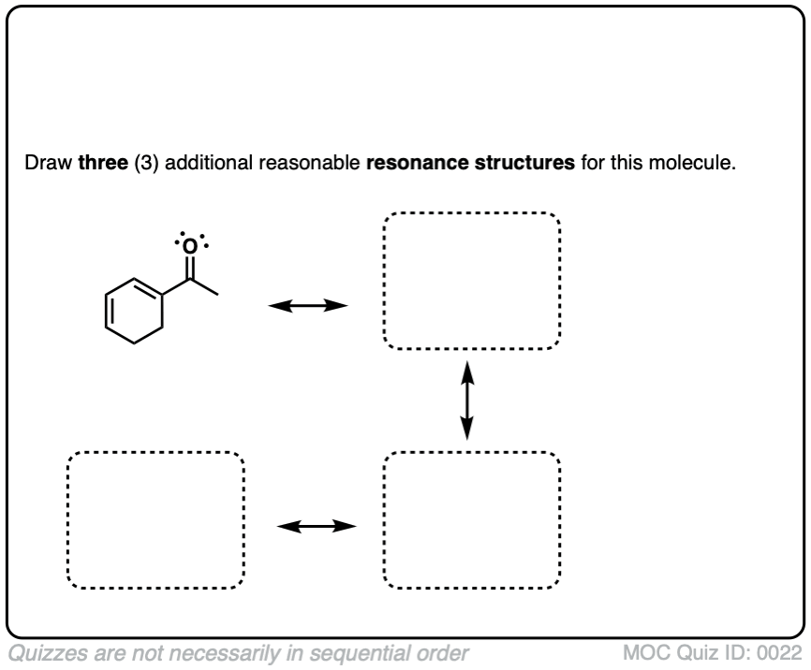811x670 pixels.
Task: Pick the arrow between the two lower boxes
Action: (317, 526)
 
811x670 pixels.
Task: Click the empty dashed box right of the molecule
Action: (472, 281)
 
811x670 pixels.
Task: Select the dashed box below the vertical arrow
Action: (472, 520)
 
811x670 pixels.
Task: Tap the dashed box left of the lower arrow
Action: (155, 520)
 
